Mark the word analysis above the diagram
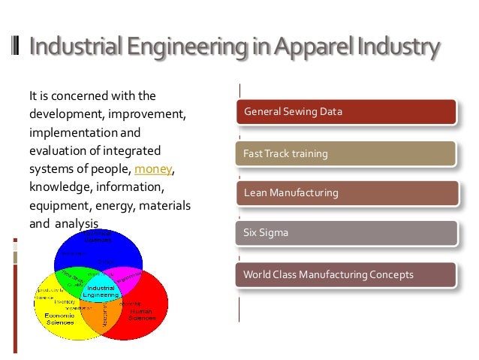[x=76, y=223]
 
